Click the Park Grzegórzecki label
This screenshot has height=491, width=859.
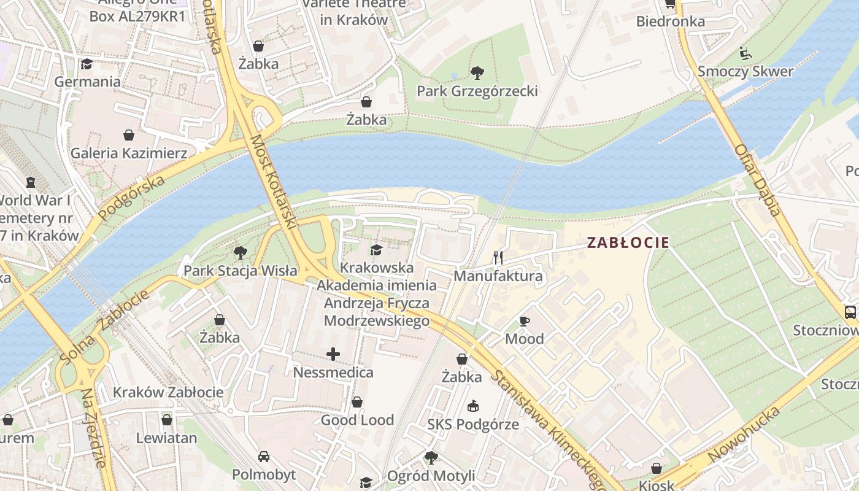[x=477, y=91]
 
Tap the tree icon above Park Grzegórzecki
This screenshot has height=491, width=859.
[x=477, y=74]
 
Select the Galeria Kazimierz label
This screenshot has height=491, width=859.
[x=129, y=153]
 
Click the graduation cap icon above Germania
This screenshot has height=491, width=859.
[x=87, y=64]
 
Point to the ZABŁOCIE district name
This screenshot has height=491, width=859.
[x=628, y=242]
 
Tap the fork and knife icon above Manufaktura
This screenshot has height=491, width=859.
[x=498, y=258]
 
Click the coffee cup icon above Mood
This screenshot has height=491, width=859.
[x=524, y=321]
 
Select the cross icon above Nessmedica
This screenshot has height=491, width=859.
[x=333, y=354]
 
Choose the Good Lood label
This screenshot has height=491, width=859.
[x=357, y=420]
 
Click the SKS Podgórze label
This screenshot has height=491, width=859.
[x=473, y=424]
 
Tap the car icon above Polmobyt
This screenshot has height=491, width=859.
[x=264, y=457]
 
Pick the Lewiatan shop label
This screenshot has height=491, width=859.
[x=166, y=438]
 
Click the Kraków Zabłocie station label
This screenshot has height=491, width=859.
[x=168, y=392]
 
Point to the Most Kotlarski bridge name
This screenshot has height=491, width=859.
[x=273, y=183]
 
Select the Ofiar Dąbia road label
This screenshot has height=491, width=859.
[x=758, y=180]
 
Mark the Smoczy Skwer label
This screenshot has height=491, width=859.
[x=745, y=71]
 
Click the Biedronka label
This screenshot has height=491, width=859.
[x=670, y=21]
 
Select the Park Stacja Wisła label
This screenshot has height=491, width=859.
[x=241, y=270]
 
